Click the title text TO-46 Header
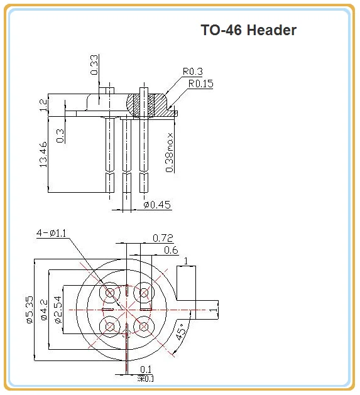tap(248, 30)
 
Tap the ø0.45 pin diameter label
tap(157, 205)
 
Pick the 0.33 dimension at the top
tap(94, 65)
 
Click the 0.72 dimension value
tap(162, 238)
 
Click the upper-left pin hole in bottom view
tap(111, 293)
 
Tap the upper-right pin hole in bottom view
tap(145, 293)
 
